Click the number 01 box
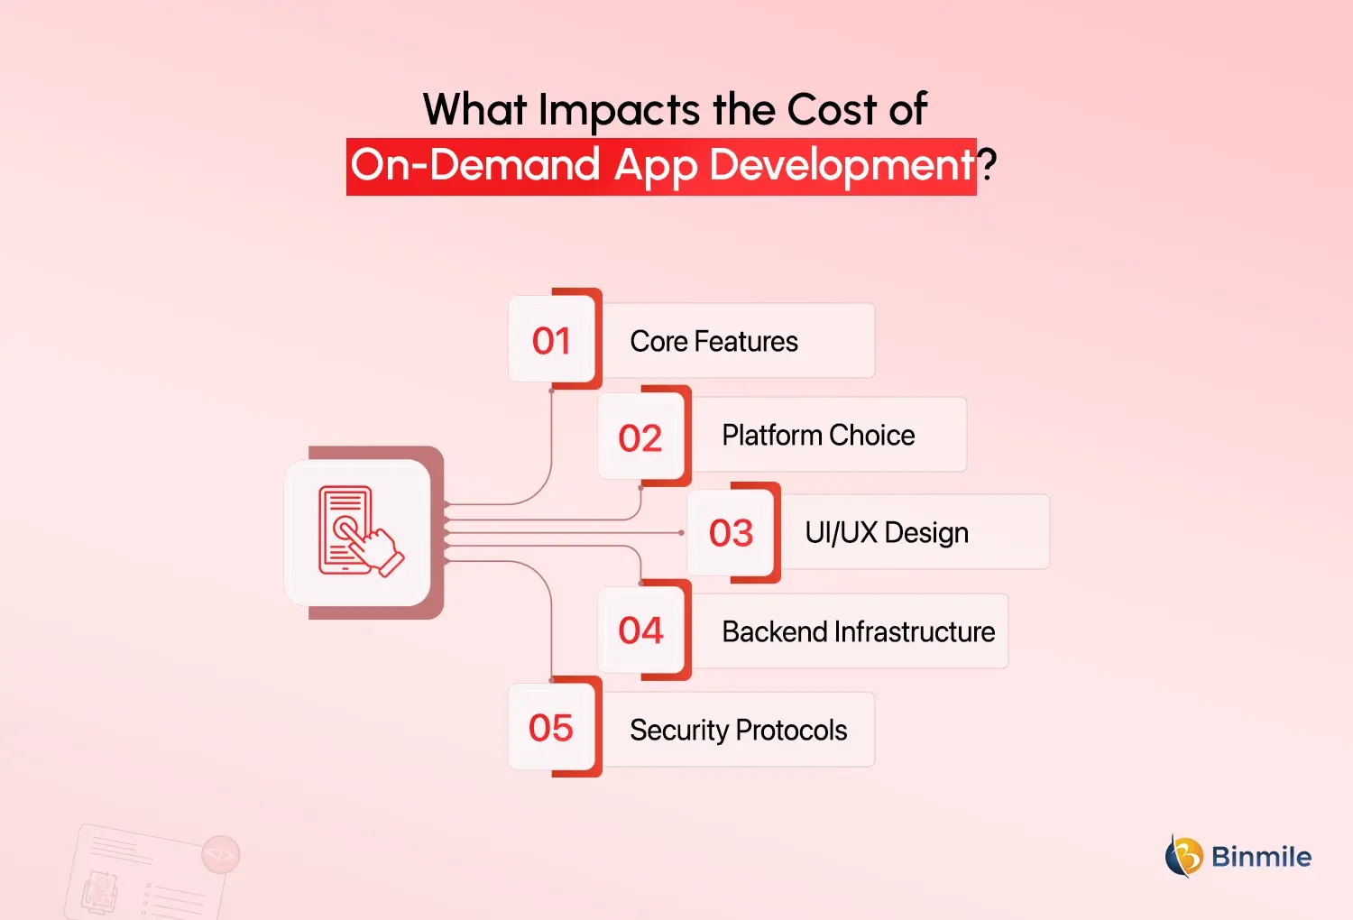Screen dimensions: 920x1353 point(552,340)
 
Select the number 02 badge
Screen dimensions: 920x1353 point(640,437)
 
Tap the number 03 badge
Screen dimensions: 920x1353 point(731,533)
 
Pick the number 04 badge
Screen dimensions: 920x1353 point(640,630)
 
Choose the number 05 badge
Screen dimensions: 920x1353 point(551,728)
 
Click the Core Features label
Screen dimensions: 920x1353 point(713,342)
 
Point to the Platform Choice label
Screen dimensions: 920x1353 point(818,436)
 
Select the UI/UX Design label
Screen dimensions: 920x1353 point(887,533)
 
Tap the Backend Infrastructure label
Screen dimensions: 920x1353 point(858,631)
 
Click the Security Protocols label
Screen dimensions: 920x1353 point(738,730)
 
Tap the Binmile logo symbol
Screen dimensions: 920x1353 point(1184,856)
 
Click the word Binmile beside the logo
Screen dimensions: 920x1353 point(1261,856)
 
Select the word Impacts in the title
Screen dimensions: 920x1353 point(619,110)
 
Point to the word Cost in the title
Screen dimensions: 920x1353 point(831,110)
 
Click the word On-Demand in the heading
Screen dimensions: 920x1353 point(475,165)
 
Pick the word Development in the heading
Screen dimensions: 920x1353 point(841,166)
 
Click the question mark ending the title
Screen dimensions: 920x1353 point(988,165)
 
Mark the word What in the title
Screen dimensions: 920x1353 point(474,110)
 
